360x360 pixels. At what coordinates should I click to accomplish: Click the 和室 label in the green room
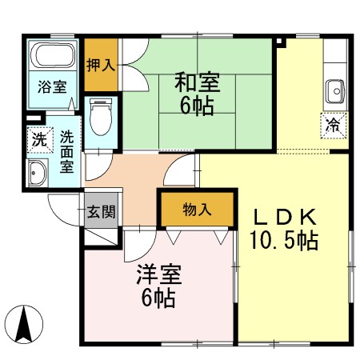[x=196, y=82]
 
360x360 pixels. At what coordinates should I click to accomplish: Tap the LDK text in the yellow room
[x=286, y=216]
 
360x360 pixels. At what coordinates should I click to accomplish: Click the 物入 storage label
[x=196, y=210]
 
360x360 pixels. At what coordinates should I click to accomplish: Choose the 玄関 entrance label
[x=102, y=213]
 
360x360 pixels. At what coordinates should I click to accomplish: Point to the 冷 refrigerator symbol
[x=332, y=123]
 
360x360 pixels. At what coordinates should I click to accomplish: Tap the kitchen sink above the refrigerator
[x=334, y=92]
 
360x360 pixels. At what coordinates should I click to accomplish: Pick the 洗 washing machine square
[x=38, y=138]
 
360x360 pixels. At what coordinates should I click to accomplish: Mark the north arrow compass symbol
[x=24, y=325]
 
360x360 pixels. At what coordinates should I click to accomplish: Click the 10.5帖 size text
[x=285, y=239]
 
